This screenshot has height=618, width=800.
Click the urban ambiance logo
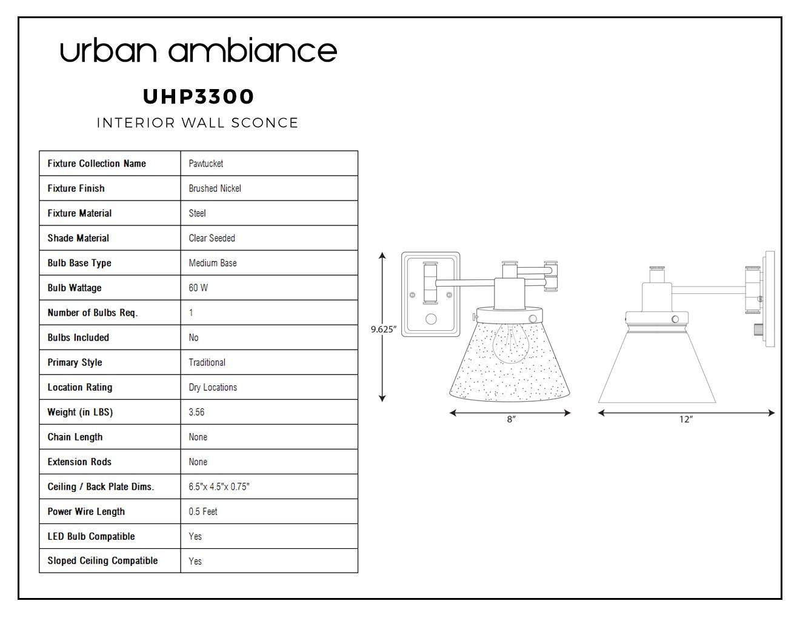tap(198, 50)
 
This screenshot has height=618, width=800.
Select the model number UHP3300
tap(198, 96)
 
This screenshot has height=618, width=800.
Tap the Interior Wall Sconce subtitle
tap(198, 122)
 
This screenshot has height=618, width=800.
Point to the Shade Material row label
tap(78, 238)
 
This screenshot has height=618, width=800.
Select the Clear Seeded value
tap(212, 238)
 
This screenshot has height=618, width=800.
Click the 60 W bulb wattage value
tap(198, 288)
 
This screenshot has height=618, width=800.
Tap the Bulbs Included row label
tap(78, 337)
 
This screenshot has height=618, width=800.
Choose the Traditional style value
tap(207, 362)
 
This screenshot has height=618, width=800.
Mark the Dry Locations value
tap(213, 387)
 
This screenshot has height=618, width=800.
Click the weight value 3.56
tap(196, 412)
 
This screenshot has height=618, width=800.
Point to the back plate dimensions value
tap(219, 487)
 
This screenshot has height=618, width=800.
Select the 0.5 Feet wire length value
tap(203, 511)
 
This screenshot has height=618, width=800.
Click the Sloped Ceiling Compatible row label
tap(102, 560)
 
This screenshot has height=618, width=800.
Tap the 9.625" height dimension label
tap(384, 330)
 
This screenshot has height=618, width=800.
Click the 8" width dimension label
tap(511, 419)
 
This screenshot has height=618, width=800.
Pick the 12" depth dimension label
tap(686, 419)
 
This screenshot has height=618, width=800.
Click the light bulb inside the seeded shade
tap(510, 344)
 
